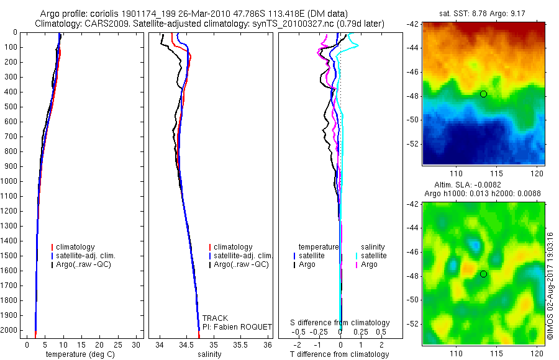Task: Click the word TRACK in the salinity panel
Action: pos(216,318)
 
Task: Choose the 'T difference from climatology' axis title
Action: pos(339,354)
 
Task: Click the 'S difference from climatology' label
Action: pos(340,323)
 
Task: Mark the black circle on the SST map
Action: pos(483,94)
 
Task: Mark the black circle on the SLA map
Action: pos(483,274)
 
